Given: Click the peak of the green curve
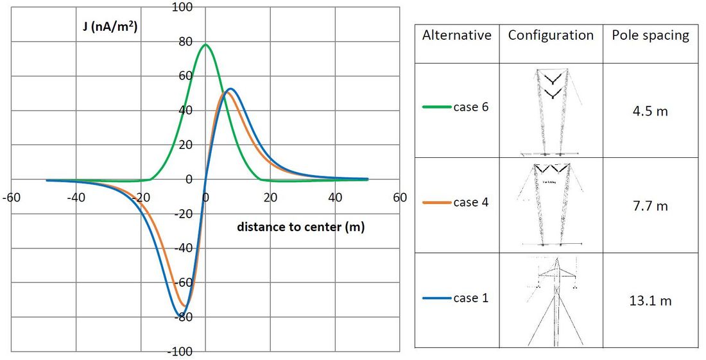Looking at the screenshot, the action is pyautogui.click(x=206, y=44).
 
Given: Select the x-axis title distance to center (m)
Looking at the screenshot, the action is pyautogui.click(x=301, y=227).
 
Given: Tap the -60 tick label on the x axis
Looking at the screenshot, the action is pyautogui.click(x=10, y=198).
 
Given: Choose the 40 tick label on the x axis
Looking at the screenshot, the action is pyautogui.click(x=335, y=198).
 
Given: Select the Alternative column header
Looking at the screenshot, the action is pyautogui.click(x=456, y=35).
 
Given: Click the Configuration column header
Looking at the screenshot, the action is pyautogui.click(x=551, y=35).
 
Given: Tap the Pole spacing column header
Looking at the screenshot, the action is pyautogui.click(x=650, y=35).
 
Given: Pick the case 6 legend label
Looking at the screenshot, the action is pyautogui.click(x=470, y=107).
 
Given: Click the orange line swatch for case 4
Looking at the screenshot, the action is pyautogui.click(x=436, y=203).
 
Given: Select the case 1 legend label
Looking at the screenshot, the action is pyautogui.click(x=470, y=298).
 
